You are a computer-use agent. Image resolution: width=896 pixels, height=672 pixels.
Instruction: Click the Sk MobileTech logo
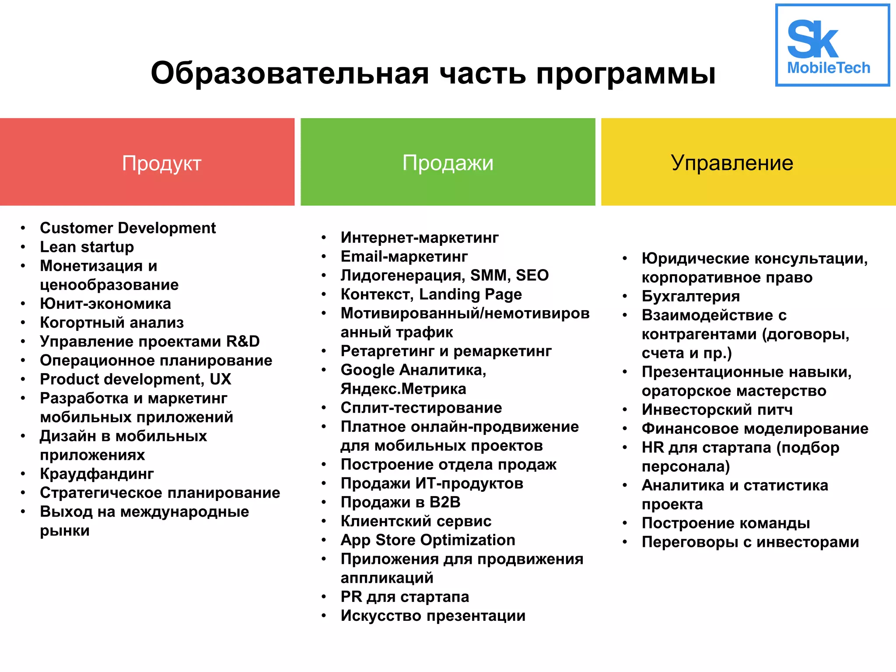pyautogui.click(x=832, y=45)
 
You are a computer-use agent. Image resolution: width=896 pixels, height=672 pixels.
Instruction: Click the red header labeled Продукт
pyautogui.click(x=147, y=162)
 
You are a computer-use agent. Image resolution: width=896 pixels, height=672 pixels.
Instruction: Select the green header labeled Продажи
pyautogui.click(x=448, y=162)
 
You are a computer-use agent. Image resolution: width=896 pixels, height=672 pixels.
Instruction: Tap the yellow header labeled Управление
pyautogui.click(x=748, y=162)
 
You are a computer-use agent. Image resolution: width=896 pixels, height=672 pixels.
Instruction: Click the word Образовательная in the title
pyautogui.click(x=289, y=73)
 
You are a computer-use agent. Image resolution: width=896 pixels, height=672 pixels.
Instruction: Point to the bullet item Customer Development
pyautogui.click(x=128, y=228)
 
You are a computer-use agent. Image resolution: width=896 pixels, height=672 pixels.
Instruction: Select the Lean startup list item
pyautogui.click(x=87, y=247)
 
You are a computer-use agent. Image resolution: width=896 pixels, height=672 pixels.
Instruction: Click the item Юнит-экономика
pyautogui.click(x=105, y=304)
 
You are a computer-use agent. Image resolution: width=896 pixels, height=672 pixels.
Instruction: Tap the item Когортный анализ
pyautogui.click(x=112, y=322)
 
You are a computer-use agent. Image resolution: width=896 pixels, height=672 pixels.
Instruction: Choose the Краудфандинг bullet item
pyautogui.click(x=97, y=474)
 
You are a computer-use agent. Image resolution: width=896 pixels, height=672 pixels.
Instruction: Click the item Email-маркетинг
pyautogui.click(x=404, y=256)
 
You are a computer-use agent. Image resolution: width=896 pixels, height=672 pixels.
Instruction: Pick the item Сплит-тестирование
pyautogui.click(x=421, y=408)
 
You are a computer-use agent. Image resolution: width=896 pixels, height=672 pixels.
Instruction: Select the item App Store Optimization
pyautogui.click(x=428, y=540)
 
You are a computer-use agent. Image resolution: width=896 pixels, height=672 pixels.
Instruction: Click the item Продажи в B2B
pyautogui.click(x=400, y=502)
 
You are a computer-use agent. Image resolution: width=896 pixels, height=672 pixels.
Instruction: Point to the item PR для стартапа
pyautogui.click(x=405, y=597)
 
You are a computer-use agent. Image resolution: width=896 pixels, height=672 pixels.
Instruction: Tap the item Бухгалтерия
pyautogui.click(x=691, y=296)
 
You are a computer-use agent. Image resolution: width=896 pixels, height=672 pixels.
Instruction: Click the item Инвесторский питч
pyautogui.click(x=717, y=409)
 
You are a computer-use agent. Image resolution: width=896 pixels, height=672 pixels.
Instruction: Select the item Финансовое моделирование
pyautogui.click(x=755, y=428)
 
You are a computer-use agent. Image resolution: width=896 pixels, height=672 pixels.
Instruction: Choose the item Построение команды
pyautogui.click(x=726, y=523)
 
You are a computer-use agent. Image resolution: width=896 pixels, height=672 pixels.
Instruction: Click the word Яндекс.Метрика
pyautogui.click(x=403, y=389)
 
